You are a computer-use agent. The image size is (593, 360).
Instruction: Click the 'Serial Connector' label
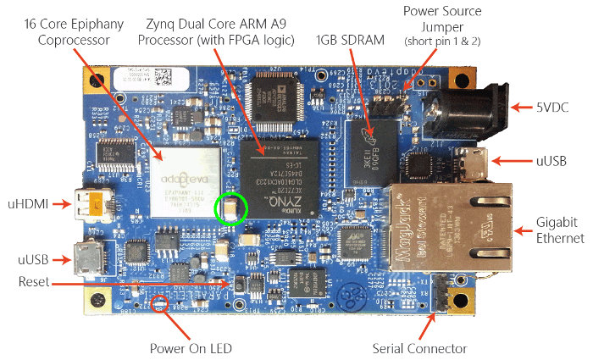(x=419, y=348)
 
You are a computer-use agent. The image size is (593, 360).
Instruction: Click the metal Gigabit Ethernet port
(x=453, y=223)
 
